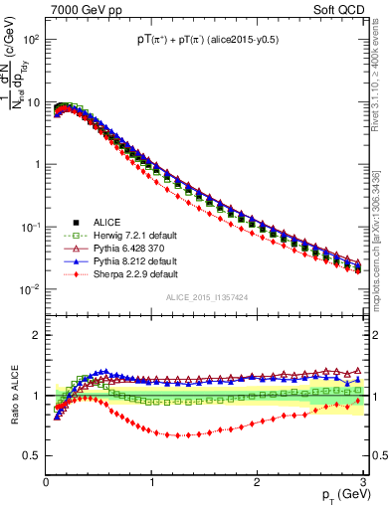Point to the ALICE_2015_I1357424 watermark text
(206, 296)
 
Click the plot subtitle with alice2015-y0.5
(206, 40)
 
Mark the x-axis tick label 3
(362, 482)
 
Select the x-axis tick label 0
(46, 482)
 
